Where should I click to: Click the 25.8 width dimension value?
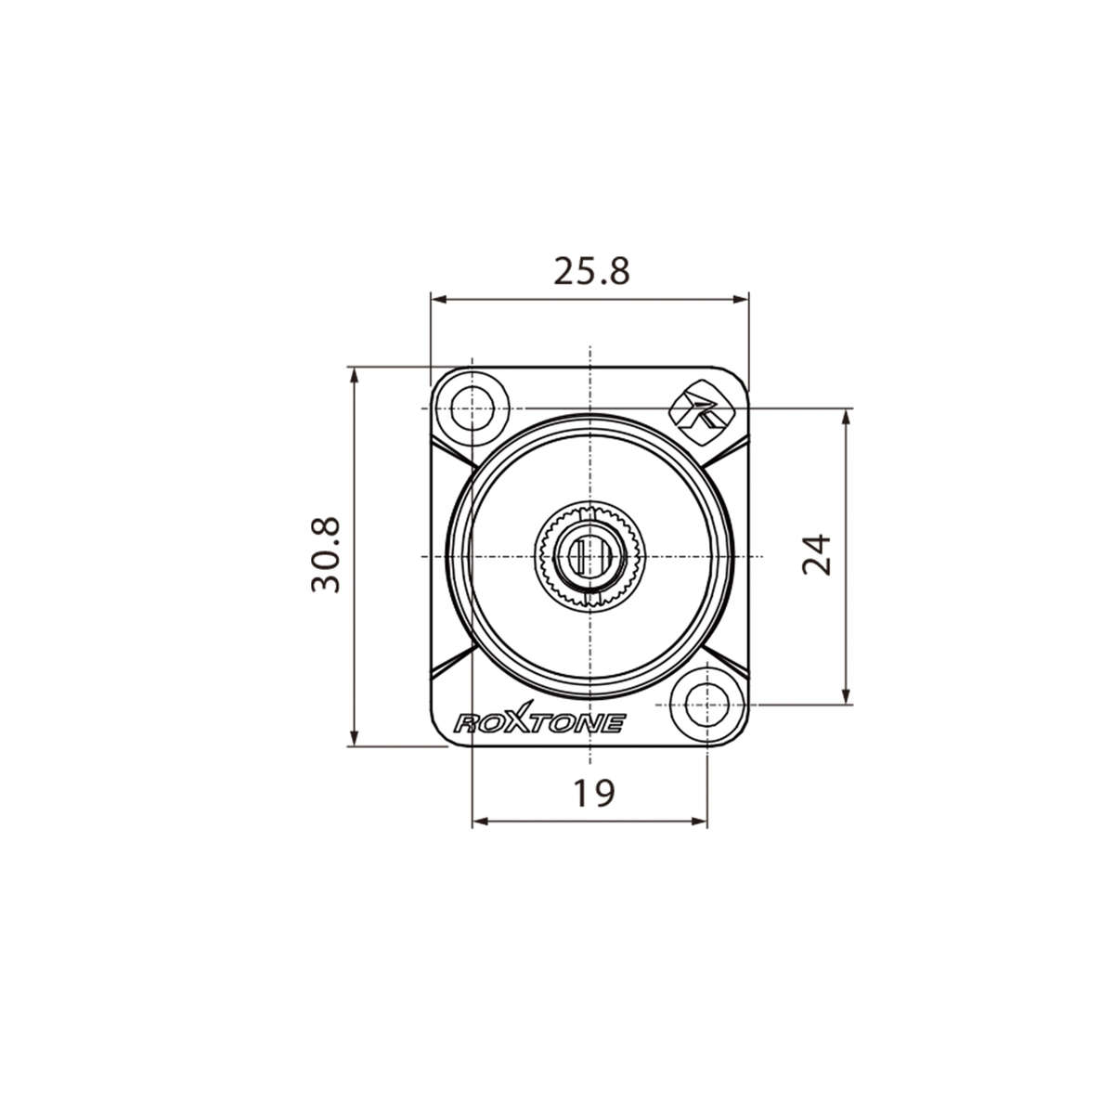pos(591,271)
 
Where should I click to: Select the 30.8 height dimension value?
pos(327,555)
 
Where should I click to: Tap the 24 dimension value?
pos(817,555)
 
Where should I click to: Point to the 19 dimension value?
pos(591,793)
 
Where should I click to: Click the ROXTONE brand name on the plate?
pos(538,723)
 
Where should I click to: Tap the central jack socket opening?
pos(589,556)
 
